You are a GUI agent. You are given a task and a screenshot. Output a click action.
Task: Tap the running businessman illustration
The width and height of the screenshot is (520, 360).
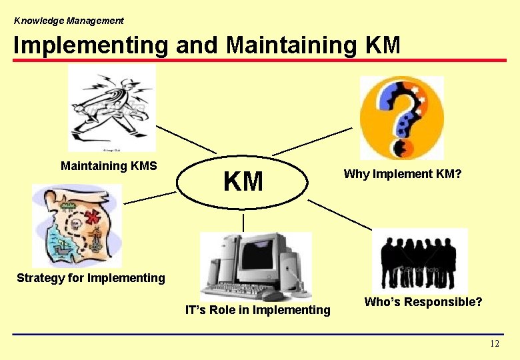pyautogui.click(x=111, y=108)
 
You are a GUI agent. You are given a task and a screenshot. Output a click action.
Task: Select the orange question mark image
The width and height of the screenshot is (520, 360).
pyautogui.click(x=401, y=117)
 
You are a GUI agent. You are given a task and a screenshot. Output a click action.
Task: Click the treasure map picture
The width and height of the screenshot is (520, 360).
pyautogui.click(x=77, y=225)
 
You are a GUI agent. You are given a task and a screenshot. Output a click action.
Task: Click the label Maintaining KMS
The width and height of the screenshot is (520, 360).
pyautogui.click(x=109, y=165)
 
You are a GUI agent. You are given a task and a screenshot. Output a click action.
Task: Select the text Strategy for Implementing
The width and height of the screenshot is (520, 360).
pyautogui.click(x=91, y=277)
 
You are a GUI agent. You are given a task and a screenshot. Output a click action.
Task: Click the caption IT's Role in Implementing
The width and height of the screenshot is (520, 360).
pyautogui.click(x=257, y=309)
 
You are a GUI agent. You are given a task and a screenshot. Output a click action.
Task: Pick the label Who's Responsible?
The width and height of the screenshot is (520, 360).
pyautogui.click(x=423, y=302)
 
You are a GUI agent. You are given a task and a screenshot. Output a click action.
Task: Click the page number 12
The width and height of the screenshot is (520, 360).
pyautogui.click(x=494, y=343)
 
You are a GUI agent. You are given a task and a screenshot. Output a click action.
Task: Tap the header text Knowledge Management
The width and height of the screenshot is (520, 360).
pyautogui.click(x=69, y=21)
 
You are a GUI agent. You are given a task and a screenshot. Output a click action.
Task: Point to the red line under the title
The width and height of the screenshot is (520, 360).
pyautogui.click(x=259, y=61)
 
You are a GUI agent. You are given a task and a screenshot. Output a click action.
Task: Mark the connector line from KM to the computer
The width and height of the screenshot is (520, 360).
pyautogui.click(x=243, y=222)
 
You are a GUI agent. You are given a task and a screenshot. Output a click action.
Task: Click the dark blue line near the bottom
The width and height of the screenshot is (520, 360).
pyautogui.click(x=259, y=334)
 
